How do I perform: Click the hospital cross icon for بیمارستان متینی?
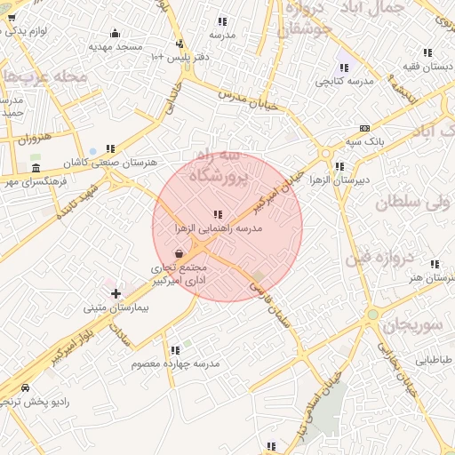click(116, 292)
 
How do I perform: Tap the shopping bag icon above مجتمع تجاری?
click(180, 253)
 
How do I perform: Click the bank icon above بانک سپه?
click(364, 128)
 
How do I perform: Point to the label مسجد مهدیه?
click(116, 44)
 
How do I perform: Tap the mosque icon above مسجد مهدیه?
click(116, 33)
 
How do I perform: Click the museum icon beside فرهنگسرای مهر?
click(36, 168)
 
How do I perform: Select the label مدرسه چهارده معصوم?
click(175, 363)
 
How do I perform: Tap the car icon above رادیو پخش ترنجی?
click(25, 388)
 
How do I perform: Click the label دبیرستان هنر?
click(427, 278)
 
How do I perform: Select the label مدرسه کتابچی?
click(343, 81)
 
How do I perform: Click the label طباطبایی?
click(435, 360)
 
